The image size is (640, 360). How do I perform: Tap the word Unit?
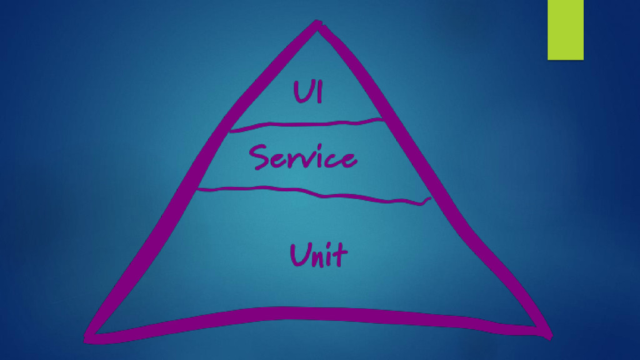pyautogui.click(x=318, y=255)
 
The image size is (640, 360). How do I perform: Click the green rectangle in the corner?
pyautogui.click(x=565, y=29)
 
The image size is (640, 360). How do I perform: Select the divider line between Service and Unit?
pyautogui.click(x=312, y=194)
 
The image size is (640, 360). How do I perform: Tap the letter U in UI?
pyautogui.click(x=301, y=92)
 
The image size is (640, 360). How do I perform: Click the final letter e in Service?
pyautogui.click(x=347, y=159)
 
